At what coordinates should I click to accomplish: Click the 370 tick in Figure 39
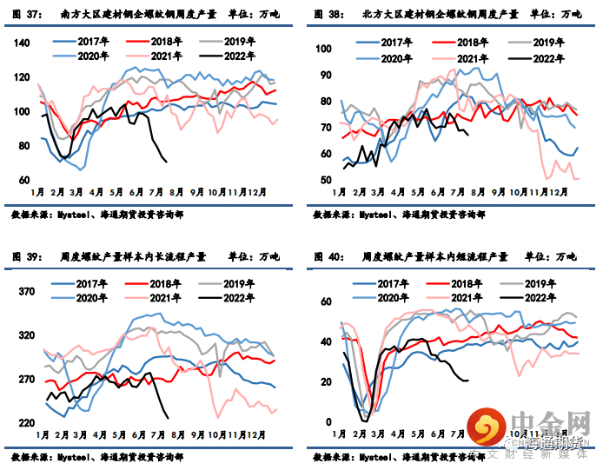click(23, 293)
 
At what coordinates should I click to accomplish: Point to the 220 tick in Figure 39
click(23, 423)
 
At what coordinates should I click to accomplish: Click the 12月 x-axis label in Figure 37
click(257, 191)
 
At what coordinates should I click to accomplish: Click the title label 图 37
click(26, 14)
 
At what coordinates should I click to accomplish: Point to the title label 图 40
click(327, 256)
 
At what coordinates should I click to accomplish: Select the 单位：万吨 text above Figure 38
click(556, 14)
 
